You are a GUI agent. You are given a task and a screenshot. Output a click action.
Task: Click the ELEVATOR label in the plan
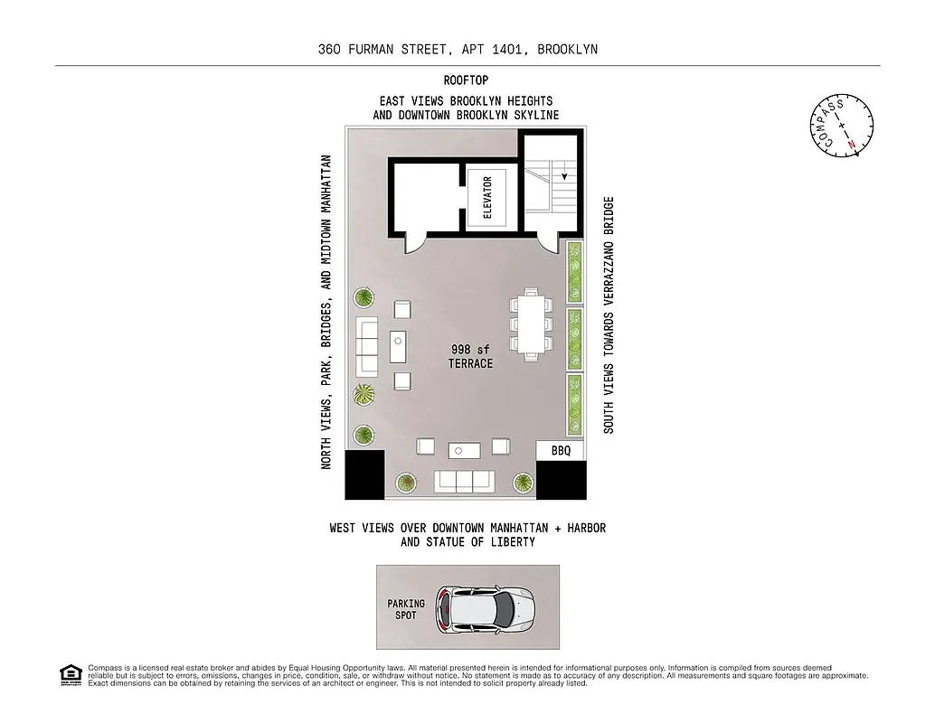[488, 197]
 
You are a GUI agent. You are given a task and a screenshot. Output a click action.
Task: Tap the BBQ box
[561, 450]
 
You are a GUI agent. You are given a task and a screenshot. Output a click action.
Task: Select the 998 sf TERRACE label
[470, 356]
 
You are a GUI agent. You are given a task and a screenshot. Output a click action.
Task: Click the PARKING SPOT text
[406, 608]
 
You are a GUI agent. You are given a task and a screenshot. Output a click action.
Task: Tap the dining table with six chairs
[530, 323]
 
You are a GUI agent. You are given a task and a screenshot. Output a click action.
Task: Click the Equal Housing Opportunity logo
[70, 674]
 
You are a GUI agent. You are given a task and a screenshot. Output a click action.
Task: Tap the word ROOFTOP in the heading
[466, 80]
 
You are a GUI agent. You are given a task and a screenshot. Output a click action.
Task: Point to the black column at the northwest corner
[364, 475]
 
